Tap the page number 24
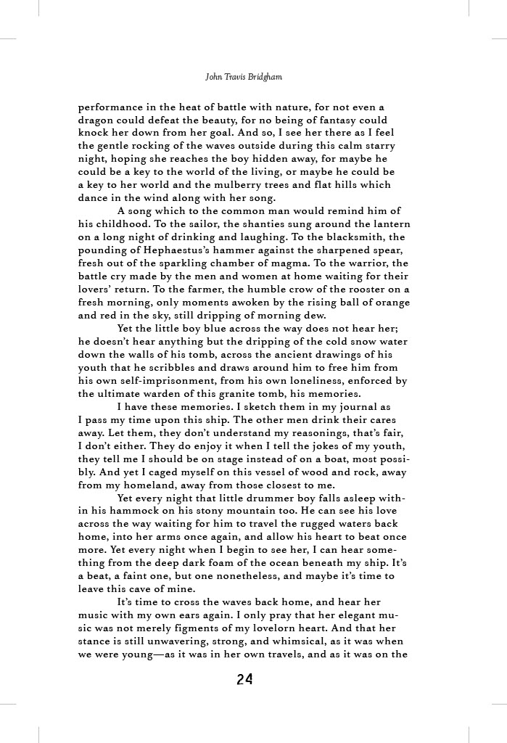coord(244,680)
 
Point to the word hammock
coord(123,512)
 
